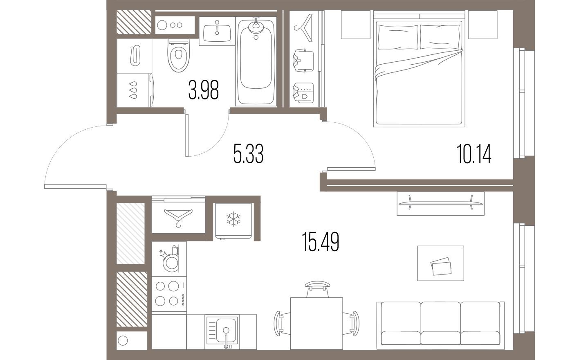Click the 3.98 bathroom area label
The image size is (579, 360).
(x=203, y=90)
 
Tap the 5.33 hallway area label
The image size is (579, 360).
(x=247, y=155)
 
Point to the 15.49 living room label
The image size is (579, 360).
(x=321, y=241)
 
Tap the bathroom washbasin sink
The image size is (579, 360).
(x=216, y=31)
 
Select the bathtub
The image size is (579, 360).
(x=256, y=61)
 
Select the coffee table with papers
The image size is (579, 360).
(x=440, y=263)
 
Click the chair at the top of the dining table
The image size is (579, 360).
(x=317, y=288)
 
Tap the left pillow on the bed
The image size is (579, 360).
(x=398, y=37)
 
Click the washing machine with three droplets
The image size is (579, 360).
(x=135, y=90)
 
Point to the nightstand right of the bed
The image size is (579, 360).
(x=480, y=25)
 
